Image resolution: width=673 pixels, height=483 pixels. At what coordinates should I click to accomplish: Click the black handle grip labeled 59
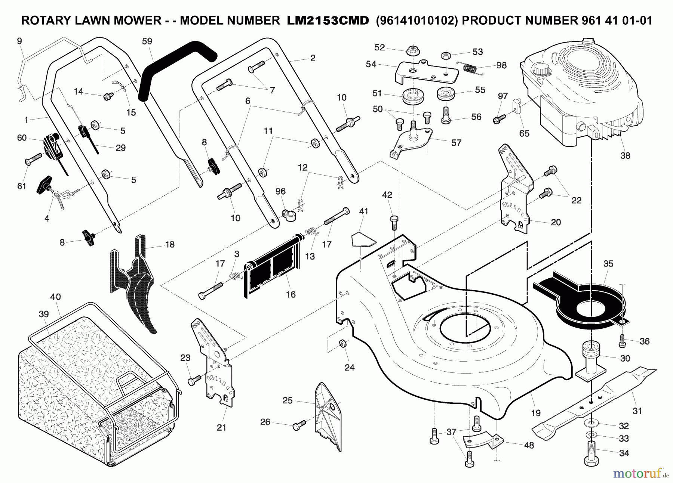coord(176,67)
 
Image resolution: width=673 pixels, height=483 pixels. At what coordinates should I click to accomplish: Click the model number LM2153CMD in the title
coord(328,21)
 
